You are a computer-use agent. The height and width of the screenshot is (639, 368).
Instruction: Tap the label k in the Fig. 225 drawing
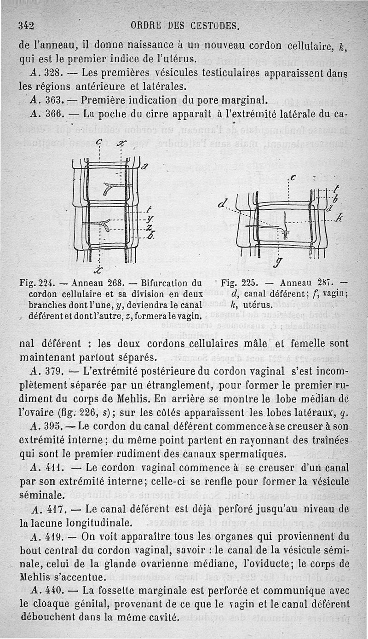point(340,218)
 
